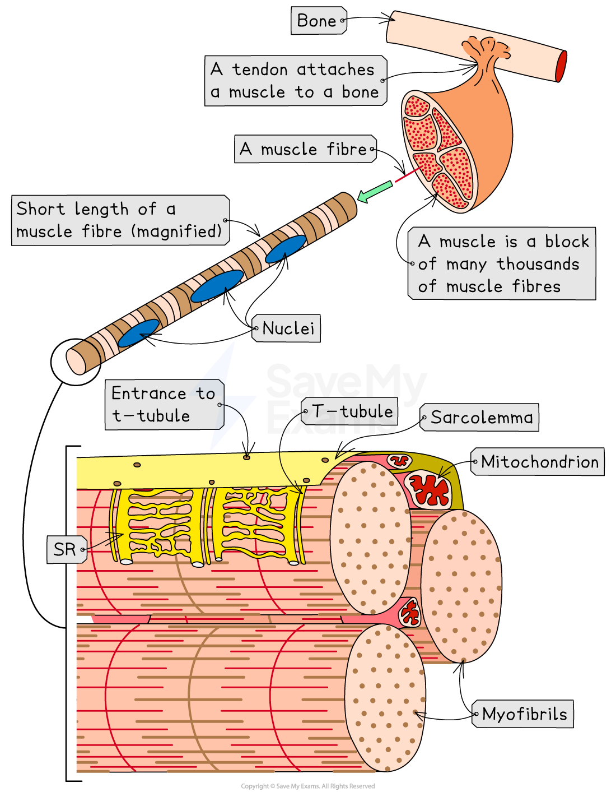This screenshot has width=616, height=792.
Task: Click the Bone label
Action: point(318,21)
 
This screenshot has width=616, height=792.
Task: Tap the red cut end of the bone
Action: point(561,66)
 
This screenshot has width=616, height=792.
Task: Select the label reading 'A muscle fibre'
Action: point(304,149)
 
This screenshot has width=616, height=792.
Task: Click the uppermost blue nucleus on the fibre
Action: point(285,249)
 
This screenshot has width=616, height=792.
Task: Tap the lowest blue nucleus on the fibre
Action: point(138,334)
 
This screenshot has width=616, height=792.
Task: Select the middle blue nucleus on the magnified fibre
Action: point(217,286)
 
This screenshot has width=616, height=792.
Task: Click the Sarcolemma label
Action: point(481,418)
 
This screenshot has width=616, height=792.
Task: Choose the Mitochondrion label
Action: point(539,462)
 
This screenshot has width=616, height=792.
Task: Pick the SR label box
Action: point(66,549)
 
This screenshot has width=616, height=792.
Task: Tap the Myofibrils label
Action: point(524,714)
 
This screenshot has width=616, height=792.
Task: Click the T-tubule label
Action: point(351,411)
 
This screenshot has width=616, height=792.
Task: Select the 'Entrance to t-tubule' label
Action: point(164,405)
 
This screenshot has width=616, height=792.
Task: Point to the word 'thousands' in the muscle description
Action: point(538,264)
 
